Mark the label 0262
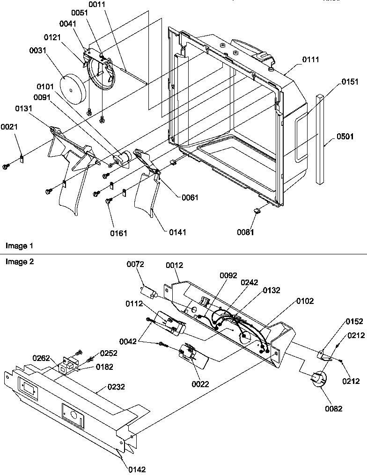(41, 358)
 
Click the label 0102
(305, 301)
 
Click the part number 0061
(191, 197)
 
